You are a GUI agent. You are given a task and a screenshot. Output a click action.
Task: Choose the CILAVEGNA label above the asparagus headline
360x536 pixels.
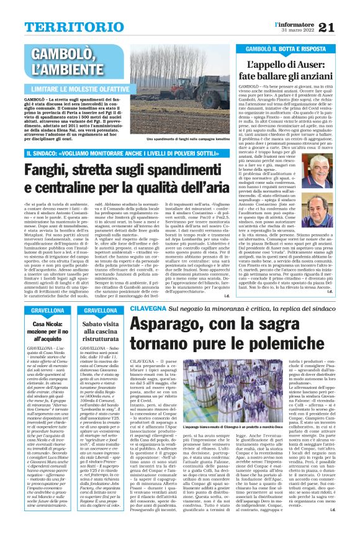[x=149, y=308]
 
